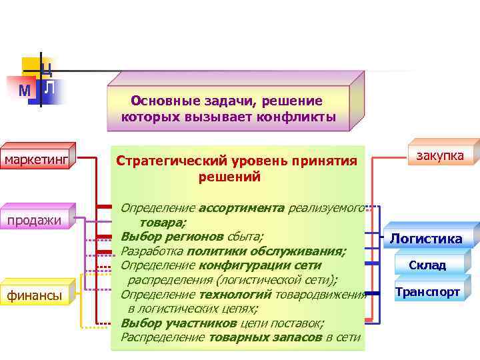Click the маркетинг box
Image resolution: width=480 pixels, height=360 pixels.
pos(37,159)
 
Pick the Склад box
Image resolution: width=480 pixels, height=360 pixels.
pos(427,265)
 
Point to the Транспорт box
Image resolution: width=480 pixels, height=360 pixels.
pos(427,292)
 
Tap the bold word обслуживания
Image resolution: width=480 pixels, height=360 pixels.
pos(301,251)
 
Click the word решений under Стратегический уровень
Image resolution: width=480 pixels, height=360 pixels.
pos(229,177)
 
